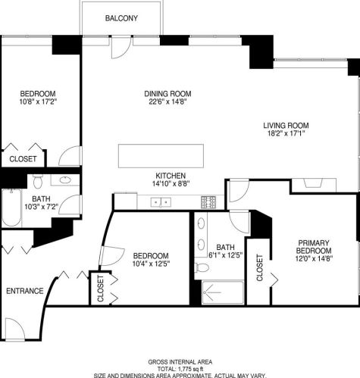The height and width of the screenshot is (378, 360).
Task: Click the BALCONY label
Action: (121, 18)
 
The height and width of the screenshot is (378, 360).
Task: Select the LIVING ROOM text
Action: (286, 126)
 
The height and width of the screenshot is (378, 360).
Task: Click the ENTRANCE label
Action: (24, 291)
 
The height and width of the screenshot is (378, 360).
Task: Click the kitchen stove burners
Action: (208, 201)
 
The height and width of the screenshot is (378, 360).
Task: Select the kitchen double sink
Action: (161, 201)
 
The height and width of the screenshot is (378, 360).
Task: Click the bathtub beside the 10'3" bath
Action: (11, 208)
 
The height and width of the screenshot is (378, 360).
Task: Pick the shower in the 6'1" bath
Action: (223, 294)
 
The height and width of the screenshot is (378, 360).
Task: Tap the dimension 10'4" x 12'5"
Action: (150, 264)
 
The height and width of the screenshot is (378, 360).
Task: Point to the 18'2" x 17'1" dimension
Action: (286, 136)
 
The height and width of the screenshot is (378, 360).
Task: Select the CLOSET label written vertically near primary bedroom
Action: (259, 268)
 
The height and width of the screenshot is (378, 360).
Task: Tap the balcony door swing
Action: (120, 47)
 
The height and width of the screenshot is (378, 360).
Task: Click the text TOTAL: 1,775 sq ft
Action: (180, 368)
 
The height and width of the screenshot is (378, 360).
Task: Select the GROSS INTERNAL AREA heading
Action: (180, 361)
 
